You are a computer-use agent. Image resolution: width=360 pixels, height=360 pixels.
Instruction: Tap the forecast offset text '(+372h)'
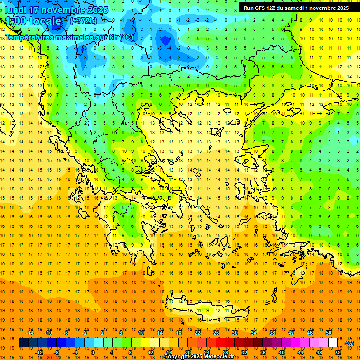tap(83, 21)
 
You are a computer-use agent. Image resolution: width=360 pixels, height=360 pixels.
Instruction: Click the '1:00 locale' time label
tap(34, 22)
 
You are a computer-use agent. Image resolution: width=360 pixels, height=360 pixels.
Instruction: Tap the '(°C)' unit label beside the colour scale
tap(349, 343)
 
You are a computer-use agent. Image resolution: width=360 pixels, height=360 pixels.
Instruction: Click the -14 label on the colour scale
tap(30, 333)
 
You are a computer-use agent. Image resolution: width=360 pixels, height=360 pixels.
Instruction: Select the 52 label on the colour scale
tap(338, 352)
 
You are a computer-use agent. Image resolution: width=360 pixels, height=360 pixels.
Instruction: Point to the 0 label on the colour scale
tap(93, 352)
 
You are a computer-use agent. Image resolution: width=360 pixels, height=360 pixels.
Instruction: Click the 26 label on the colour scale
tap(216, 333)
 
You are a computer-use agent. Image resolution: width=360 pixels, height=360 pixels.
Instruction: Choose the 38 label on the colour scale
tap(272, 333)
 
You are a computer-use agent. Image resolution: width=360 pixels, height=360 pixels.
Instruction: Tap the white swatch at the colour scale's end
tap(333, 343)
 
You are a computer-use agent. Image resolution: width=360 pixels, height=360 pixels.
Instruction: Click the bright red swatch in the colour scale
tap(221, 343)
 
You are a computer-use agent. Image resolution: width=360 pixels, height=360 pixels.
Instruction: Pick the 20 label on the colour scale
tap(187, 352)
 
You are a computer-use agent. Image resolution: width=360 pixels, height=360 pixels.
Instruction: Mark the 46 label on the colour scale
tap(310, 333)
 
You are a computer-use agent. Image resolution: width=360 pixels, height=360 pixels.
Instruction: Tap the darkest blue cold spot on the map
tap(165, 41)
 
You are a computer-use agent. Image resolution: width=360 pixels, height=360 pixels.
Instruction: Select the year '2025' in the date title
tap(97, 10)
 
